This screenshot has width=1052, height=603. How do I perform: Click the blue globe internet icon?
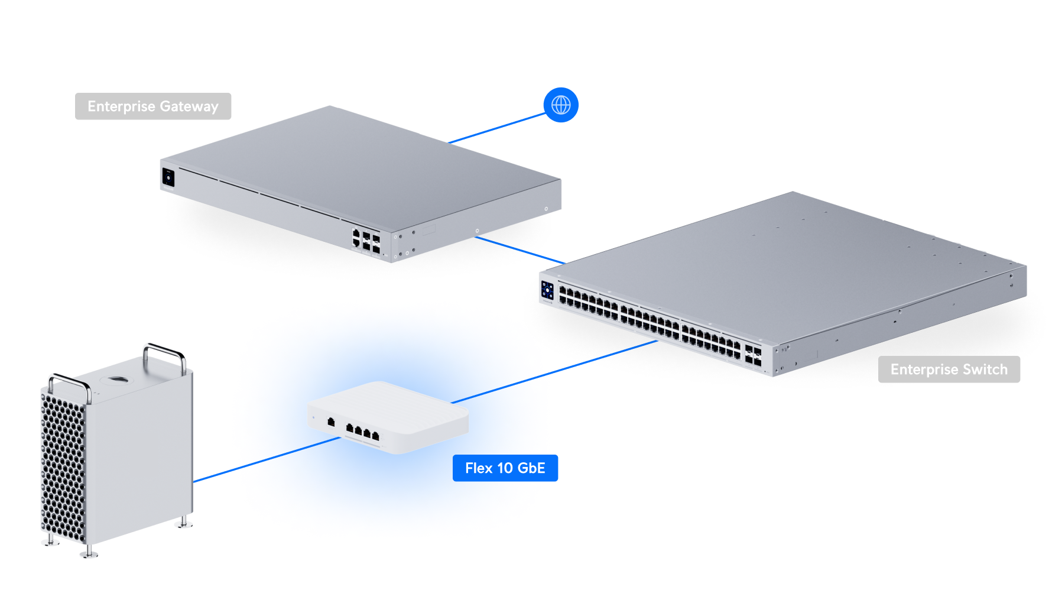tap(561, 105)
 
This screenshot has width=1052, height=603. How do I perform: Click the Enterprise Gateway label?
tap(153, 106)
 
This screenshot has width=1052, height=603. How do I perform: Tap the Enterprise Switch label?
tap(949, 369)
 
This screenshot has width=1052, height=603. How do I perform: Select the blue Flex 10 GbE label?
tap(505, 468)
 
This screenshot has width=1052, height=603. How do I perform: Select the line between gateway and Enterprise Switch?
tap(520, 250)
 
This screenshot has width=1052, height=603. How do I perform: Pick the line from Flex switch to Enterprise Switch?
tap(556, 372)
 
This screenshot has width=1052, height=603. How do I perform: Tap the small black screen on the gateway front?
tap(168, 177)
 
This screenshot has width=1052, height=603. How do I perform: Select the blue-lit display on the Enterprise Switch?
tap(547, 290)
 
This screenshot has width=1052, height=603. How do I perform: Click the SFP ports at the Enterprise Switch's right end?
tap(753, 355)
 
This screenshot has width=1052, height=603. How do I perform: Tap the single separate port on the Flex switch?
tap(331, 422)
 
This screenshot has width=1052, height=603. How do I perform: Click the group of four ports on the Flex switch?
tap(362, 432)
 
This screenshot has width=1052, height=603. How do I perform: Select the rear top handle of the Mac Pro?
tap(165, 354)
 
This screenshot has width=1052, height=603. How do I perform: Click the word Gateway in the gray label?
tap(189, 106)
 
